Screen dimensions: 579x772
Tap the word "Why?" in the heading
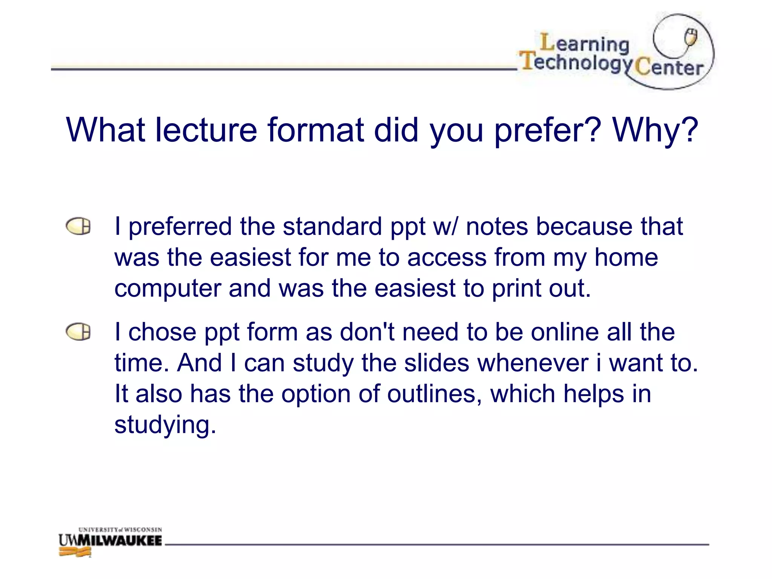(656, 130)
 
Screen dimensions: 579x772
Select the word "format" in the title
(316, 130)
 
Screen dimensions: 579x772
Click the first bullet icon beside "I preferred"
(78, 226)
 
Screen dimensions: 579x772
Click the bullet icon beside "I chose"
(78, 332)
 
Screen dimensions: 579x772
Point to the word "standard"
(332, 227)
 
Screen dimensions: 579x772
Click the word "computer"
(167, 288)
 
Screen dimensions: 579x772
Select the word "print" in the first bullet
(516, 288)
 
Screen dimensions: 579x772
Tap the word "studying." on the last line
(165, 425)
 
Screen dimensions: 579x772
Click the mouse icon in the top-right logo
(691, 37)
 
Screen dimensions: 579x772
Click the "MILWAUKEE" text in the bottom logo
(124, 541)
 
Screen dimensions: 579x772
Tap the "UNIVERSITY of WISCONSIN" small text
(120, 530)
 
